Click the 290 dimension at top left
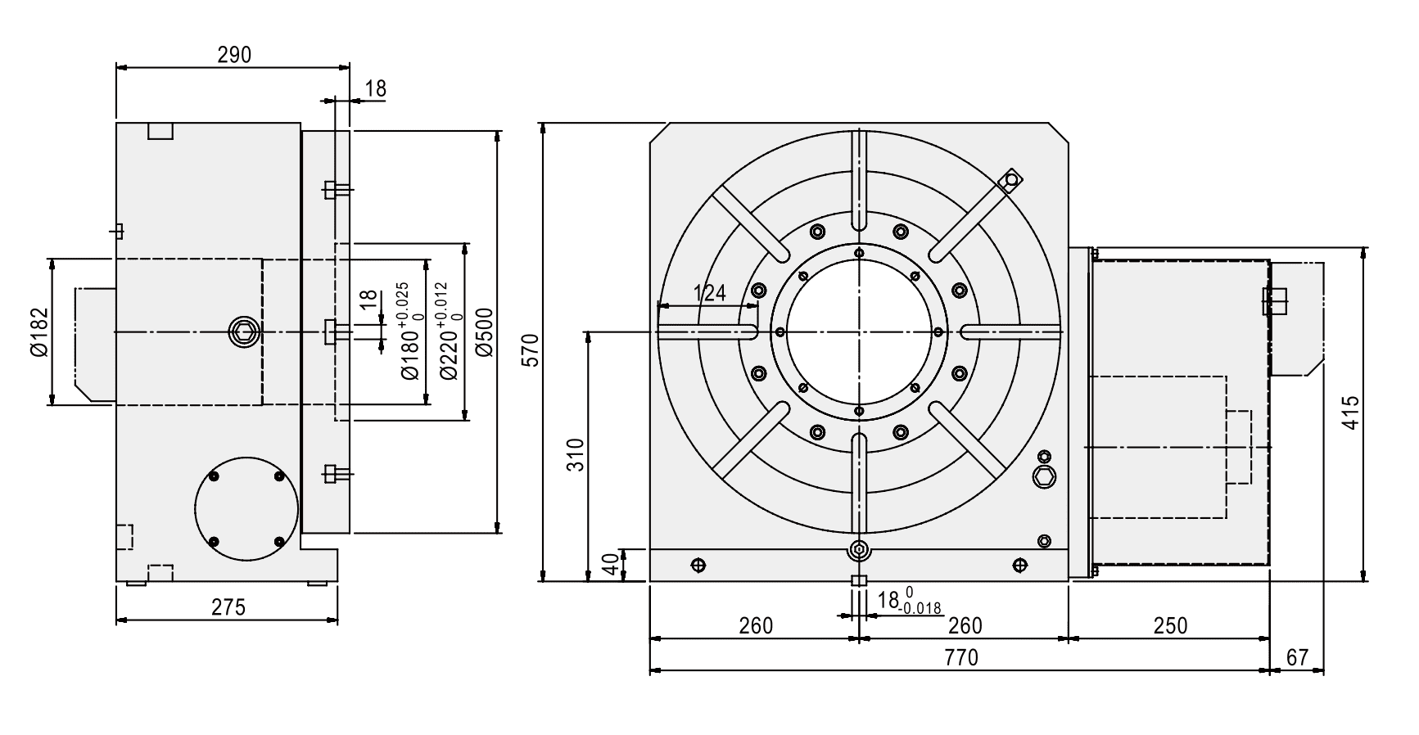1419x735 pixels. [x=233, y=55]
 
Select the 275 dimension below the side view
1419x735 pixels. [x=228, y=607]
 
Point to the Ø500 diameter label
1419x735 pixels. [x=484, y=331]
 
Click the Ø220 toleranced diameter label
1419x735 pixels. [x=450, y=331]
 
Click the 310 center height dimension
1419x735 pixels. [x=576, y=455]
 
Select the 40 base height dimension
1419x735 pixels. [x=610, y=565]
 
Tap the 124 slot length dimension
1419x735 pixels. [x=709, y=293]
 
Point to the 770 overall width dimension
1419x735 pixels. [x=962, y=657]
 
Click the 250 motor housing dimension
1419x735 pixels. [x=1169, y=626]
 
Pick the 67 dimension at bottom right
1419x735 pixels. [x=1298, y=657]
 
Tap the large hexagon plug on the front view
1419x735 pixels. [x=1045, y=476]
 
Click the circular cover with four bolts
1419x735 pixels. [x=246, y=509]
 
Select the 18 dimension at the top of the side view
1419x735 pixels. [x=375, y=88]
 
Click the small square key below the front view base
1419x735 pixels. [x=858, y=581]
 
